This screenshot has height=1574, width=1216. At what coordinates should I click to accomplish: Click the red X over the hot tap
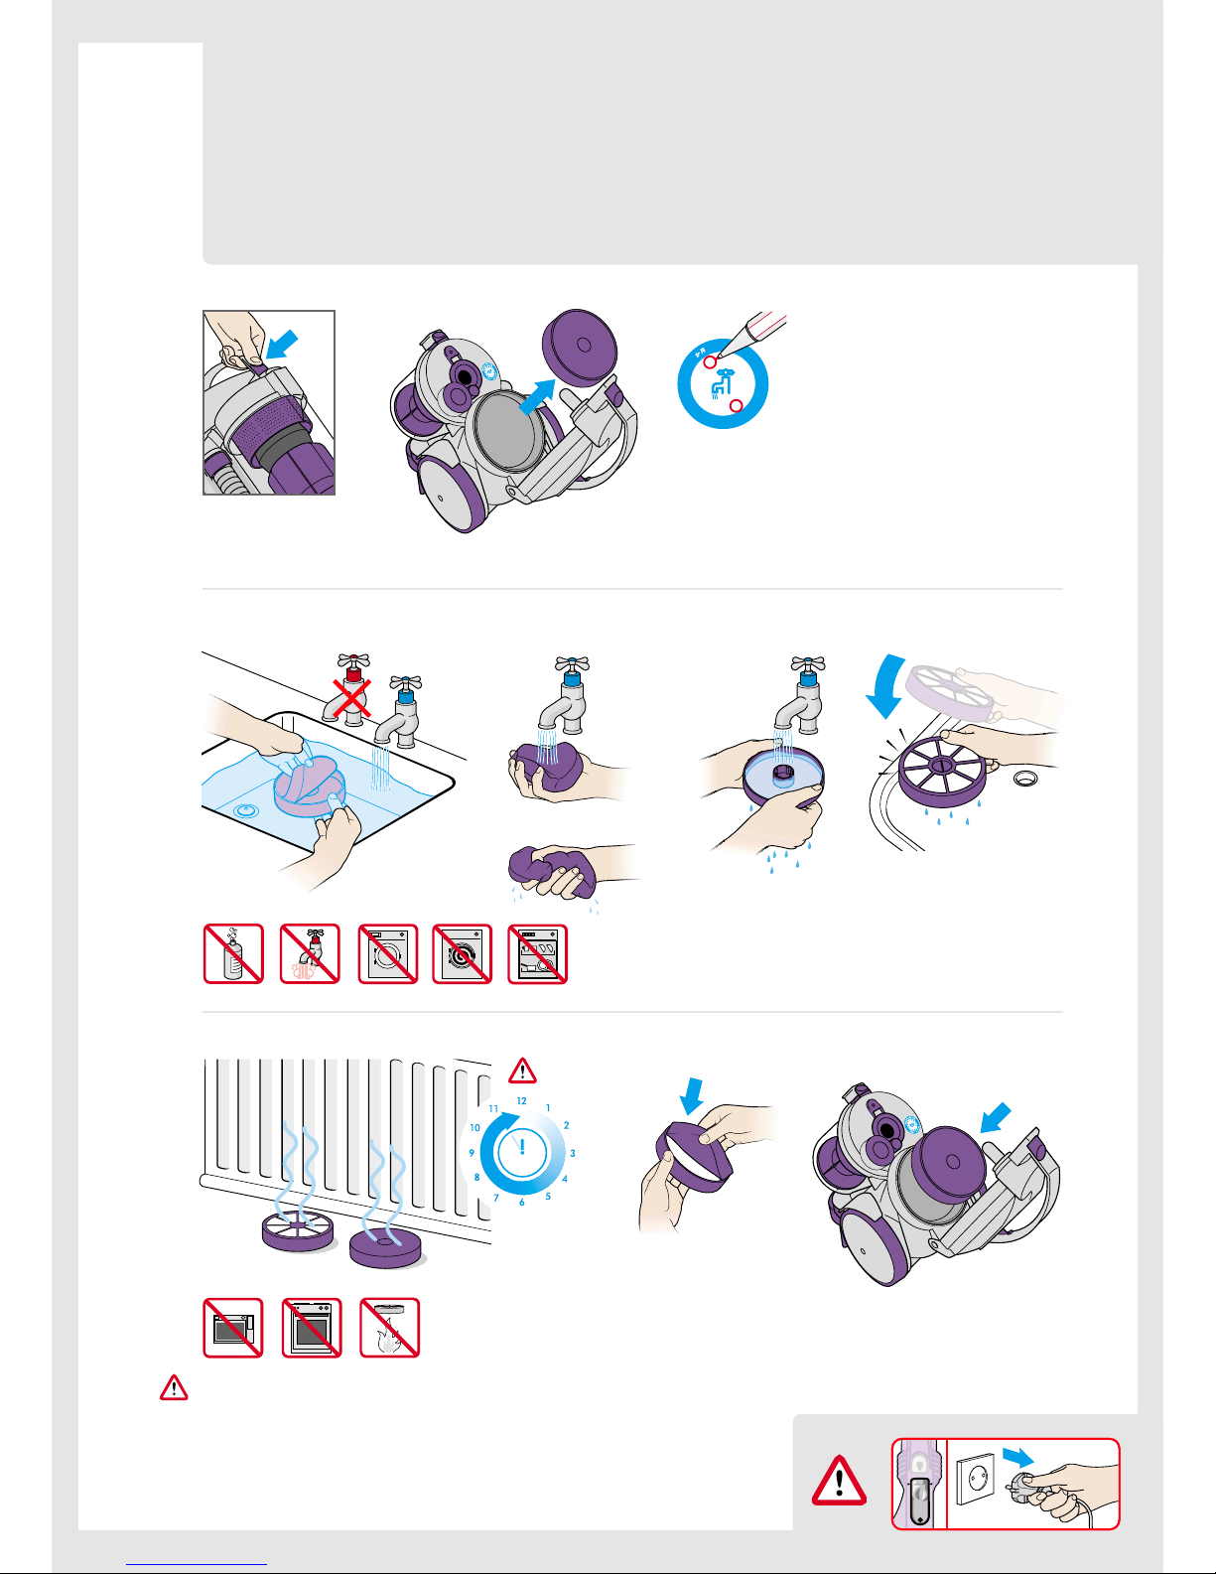point(351,698)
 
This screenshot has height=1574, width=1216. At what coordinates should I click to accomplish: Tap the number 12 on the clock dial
point(521,1101)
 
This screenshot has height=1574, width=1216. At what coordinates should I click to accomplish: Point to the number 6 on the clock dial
point(521,1203)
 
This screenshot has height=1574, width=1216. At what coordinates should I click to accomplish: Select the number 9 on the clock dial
point(472,1152)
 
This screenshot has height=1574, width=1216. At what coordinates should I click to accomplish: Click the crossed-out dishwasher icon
point(538,954)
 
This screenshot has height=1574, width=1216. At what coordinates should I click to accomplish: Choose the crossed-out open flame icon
point(389,1328)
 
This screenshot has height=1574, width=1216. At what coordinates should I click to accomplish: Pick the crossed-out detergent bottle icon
point(233,954)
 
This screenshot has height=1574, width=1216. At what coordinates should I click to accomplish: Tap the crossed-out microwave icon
point(233,1328)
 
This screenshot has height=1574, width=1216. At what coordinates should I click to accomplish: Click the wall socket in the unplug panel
point(976,1480)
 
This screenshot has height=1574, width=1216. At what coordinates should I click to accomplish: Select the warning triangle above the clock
point(522,1072)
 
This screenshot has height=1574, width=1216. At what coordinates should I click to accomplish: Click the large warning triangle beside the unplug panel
point(839,1481)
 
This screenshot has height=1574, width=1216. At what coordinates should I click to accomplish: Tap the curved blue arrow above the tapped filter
point(886,684)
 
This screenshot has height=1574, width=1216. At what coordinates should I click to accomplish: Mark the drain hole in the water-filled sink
point(244,810)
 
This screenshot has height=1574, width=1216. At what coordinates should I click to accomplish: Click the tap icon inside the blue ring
point(721,384)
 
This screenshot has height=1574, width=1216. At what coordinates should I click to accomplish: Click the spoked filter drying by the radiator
point(298,1230)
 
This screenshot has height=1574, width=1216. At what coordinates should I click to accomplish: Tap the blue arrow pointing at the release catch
point(282,344)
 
